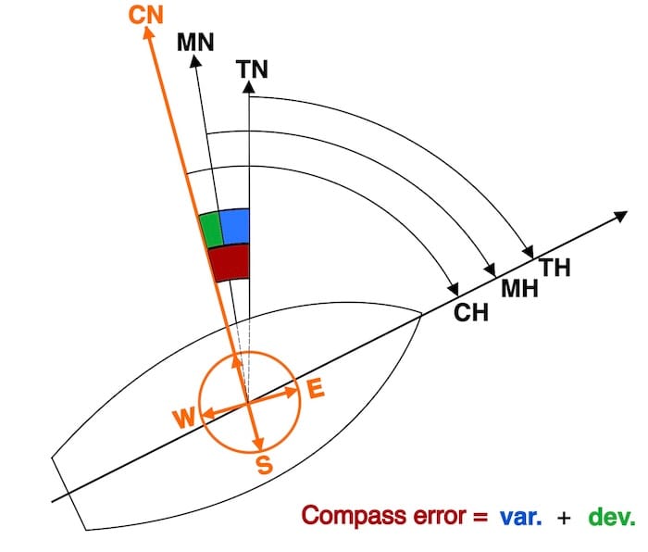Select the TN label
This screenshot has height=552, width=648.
(x=252, y=69)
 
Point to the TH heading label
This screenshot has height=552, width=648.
(x=555, y=268)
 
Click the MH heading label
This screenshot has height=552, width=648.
(x=518, y=288)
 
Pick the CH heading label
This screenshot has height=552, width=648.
(x=470, y=312)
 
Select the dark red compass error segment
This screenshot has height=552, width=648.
(x=230, y=261)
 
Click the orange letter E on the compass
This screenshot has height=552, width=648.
(x=316, y=390)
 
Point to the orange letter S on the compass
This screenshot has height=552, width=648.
(x=263, y=466)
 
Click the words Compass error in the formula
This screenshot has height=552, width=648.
(x=384, y=515)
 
